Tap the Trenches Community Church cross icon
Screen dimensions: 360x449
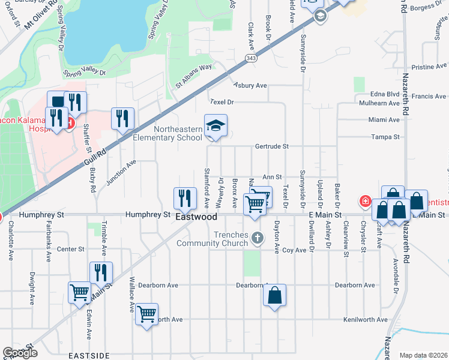[258, 237]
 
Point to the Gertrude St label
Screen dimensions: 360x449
[272, 146]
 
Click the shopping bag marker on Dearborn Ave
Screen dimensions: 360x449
[274, 295]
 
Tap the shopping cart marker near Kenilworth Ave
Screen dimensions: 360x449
[146, 314]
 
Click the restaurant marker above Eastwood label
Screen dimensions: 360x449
[185, 198]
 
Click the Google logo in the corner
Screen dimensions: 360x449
[20, 353]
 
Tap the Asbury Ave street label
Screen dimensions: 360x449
[250, 86]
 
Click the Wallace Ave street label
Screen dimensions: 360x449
[131, 295]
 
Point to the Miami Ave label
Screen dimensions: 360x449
[384, 120]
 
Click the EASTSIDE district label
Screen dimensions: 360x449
[89, 355]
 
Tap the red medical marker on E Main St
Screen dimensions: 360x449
[364, 200]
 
